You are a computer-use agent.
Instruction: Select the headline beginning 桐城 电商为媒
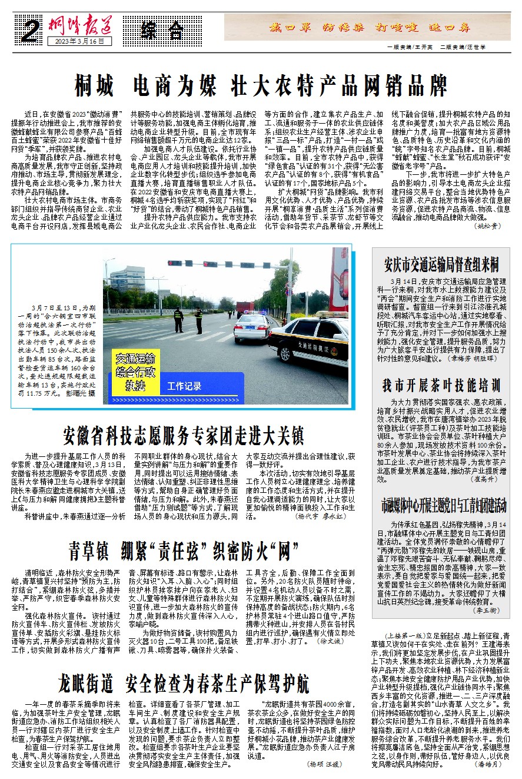click(x=261, y=86)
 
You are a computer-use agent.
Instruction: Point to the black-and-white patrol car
click(x=309, y=340)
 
